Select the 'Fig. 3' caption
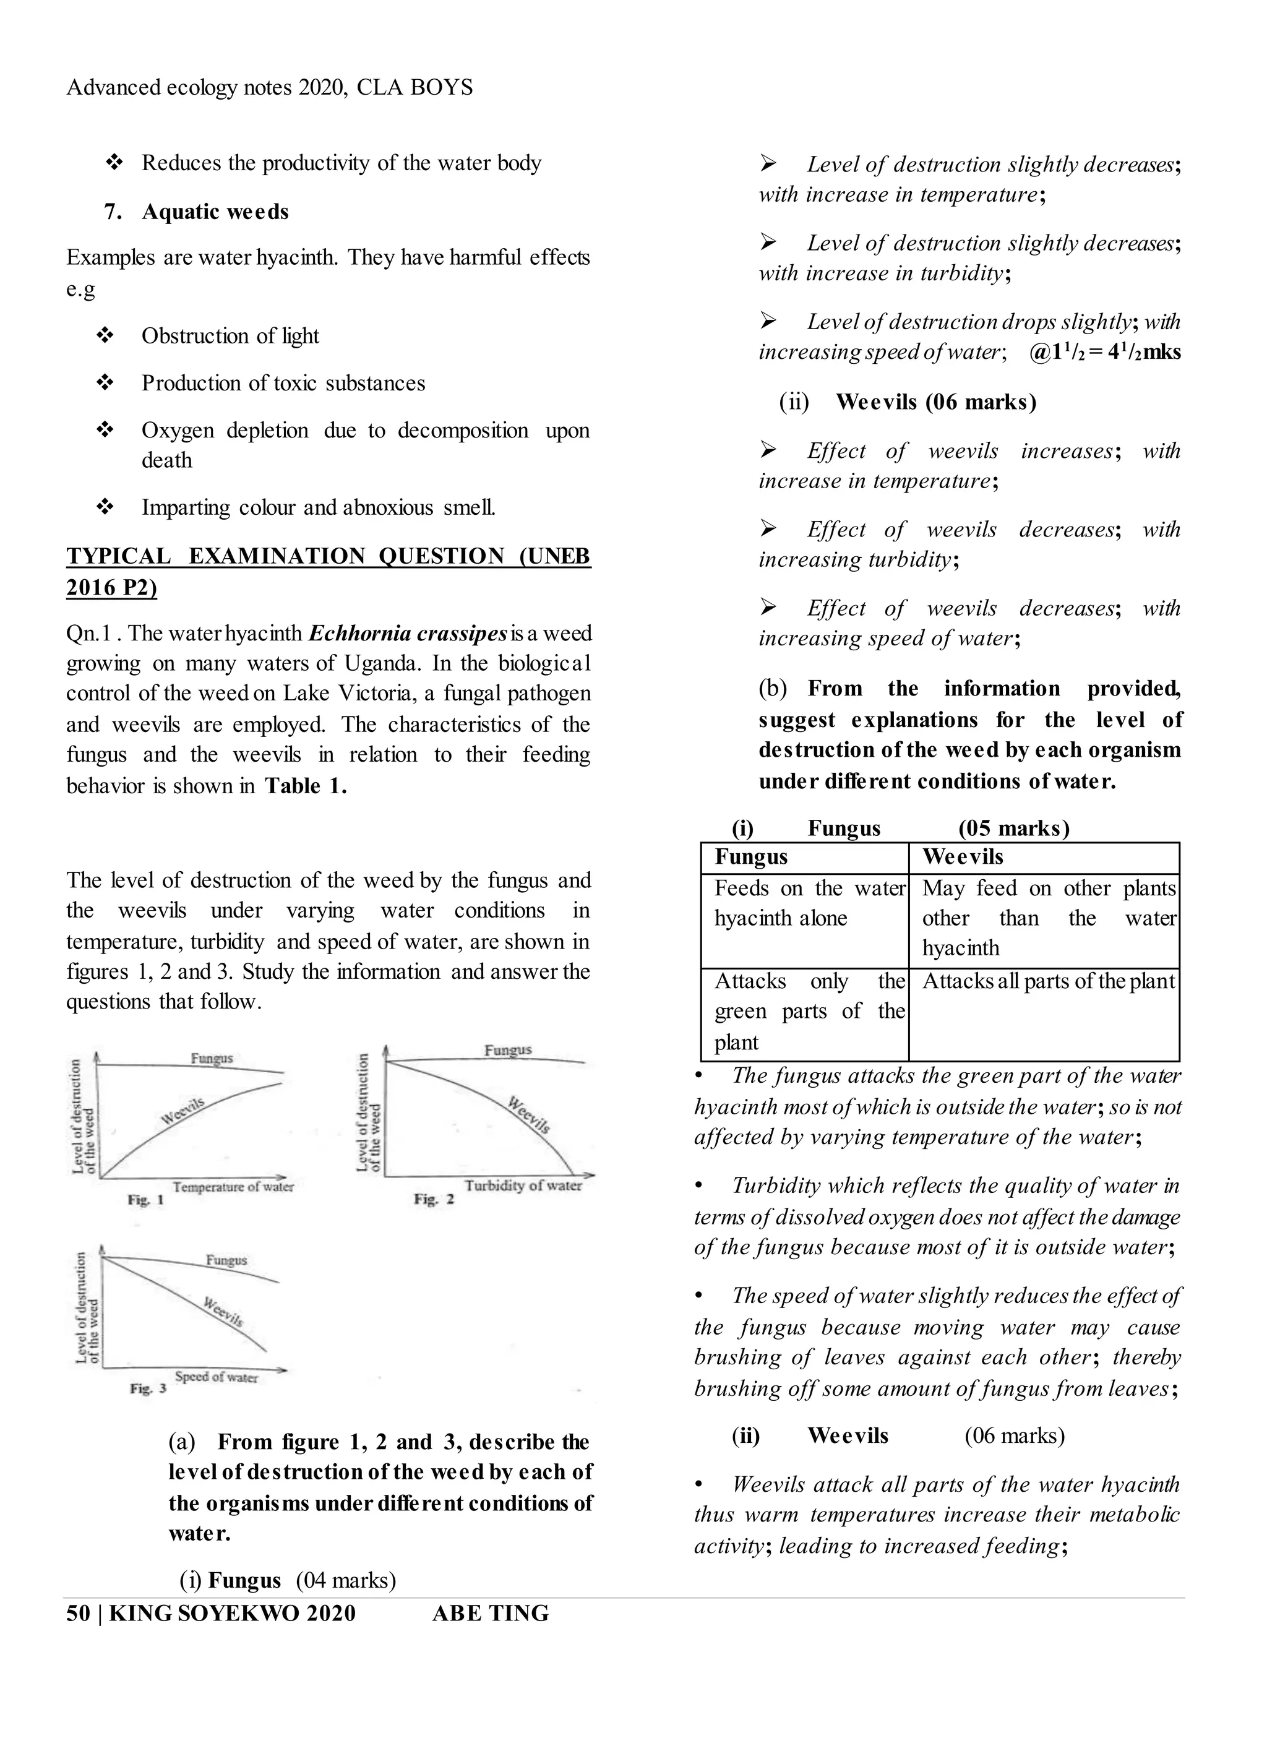pos(148,1388)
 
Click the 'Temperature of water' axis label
pos(233,1186)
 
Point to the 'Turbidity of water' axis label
pos(523,1185)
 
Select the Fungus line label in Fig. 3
pos(226,1260)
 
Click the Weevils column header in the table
pos(962,856)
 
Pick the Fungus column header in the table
pos(750,856)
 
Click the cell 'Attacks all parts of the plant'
pos(1047,981)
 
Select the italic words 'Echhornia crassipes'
pos(408,633)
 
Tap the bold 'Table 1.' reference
pos(306,786)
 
